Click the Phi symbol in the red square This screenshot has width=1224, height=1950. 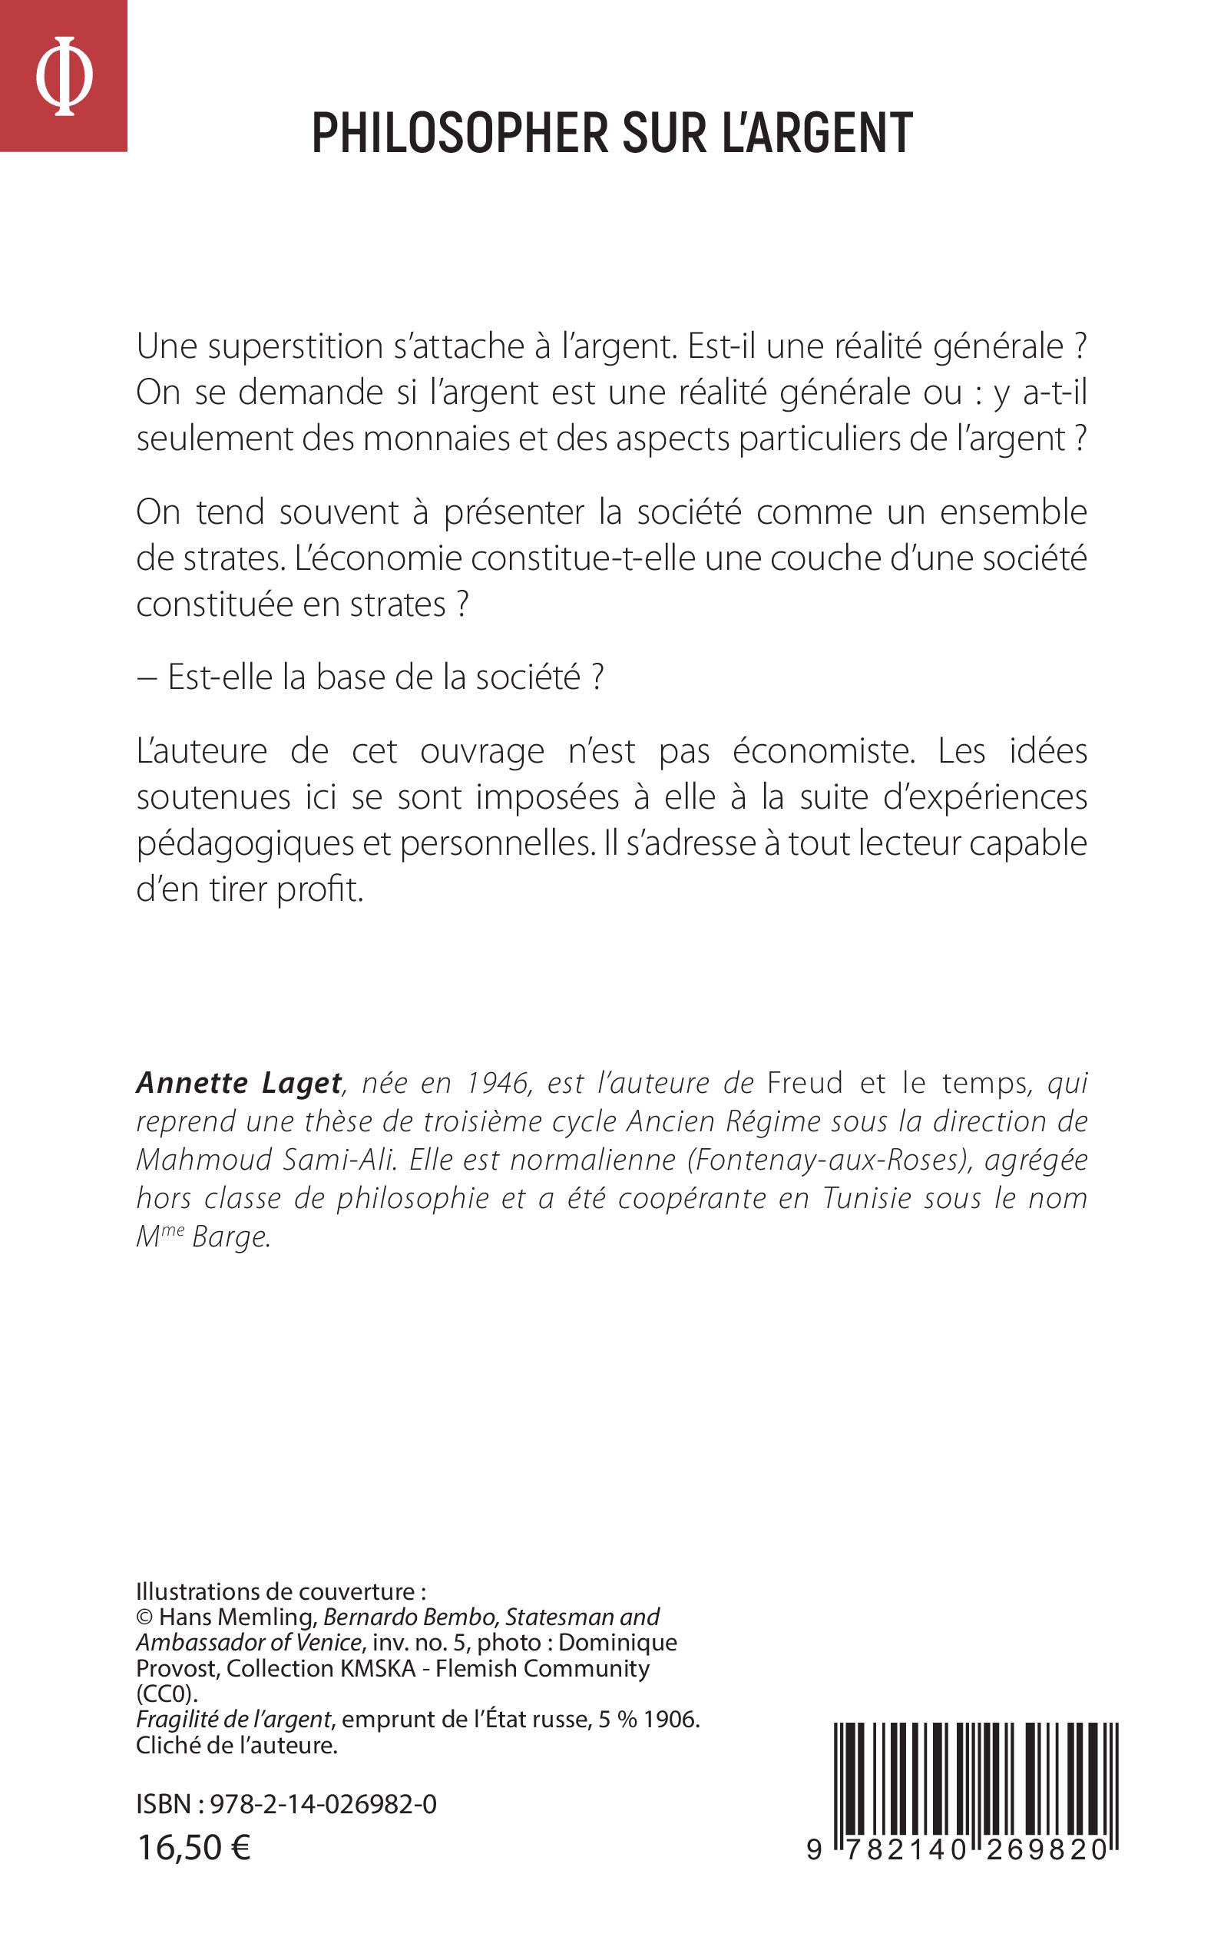coord(64,76)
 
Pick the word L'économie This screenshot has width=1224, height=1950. coord(377,559)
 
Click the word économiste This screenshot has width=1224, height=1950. coord(823,752)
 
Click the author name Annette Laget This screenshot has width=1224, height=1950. coord(239,1083)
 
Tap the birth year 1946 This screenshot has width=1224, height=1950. coord(498,1083)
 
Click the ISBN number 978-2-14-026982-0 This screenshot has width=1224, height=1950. coord(323,1804)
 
